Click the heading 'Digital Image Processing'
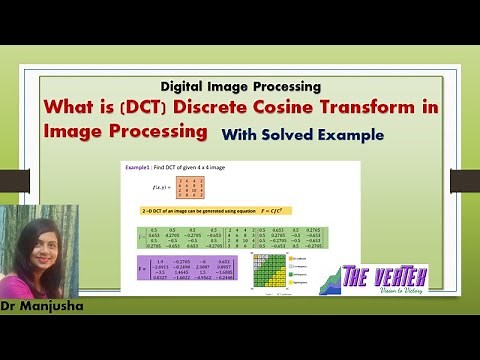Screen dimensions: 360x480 tap(240, 86)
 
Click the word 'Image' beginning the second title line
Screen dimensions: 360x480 tap(73, 131)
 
